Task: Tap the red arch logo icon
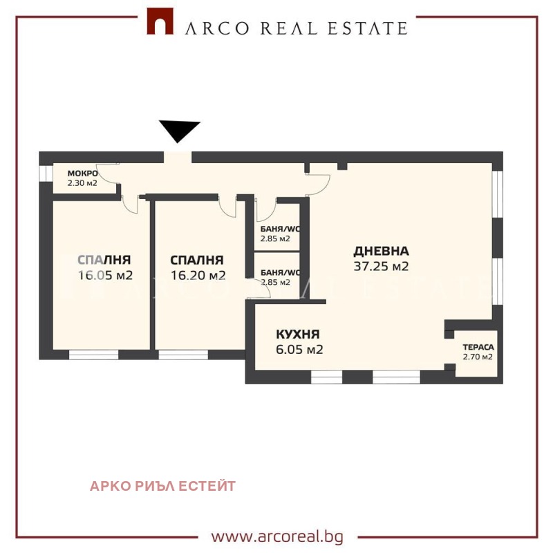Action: [160, 24]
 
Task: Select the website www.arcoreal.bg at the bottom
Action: [276, 536]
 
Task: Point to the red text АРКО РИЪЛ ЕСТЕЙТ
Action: [162, 486]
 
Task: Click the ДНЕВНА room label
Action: [382, 251]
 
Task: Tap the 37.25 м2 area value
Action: [382, 266]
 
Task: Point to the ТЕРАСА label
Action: [478, 348]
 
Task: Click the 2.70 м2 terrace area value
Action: [478, 357]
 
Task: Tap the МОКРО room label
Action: [82, 173]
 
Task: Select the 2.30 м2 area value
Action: [82, 183]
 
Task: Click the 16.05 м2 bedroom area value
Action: [105, 275]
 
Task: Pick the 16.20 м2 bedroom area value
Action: [198, 275]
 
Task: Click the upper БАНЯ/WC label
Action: [280, 229]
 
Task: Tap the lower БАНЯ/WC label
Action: [280, 272]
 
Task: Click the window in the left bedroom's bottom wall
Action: [94, 355]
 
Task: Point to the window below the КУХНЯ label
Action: [326, 377]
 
